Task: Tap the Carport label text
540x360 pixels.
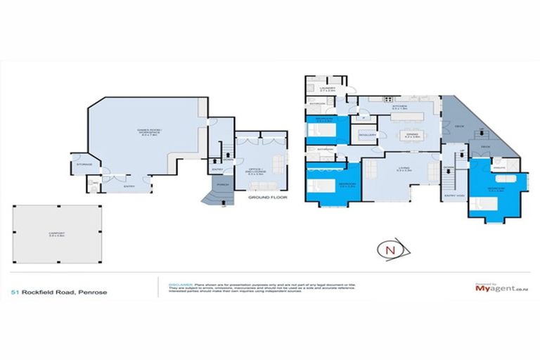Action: [58, 236]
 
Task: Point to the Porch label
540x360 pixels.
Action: [222, 185]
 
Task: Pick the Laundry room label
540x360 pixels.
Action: [328, 90]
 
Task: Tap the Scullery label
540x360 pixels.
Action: [367, 134]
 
